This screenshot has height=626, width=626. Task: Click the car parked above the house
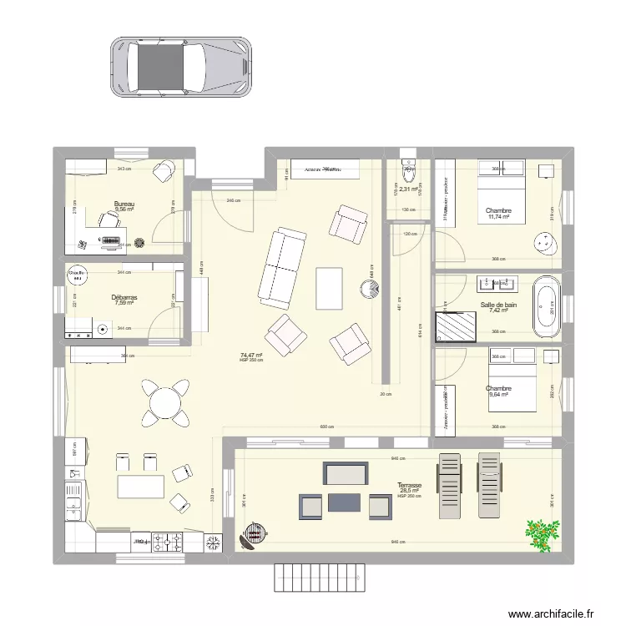tap(179, 66)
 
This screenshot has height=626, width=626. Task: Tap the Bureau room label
tap(124, 204)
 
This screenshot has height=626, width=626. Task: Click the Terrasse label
tap(409, 484)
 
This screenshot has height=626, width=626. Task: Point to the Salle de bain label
tap(498, 305)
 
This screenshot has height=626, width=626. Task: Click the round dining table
tap(164, 401)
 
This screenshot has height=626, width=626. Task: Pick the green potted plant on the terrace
tap(543, 533)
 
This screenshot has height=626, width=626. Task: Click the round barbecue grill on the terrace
tap(253, 533)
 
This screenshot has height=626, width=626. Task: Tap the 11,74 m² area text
tap(498, 218)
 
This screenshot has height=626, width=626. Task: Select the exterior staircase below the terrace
tap(320, 575)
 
